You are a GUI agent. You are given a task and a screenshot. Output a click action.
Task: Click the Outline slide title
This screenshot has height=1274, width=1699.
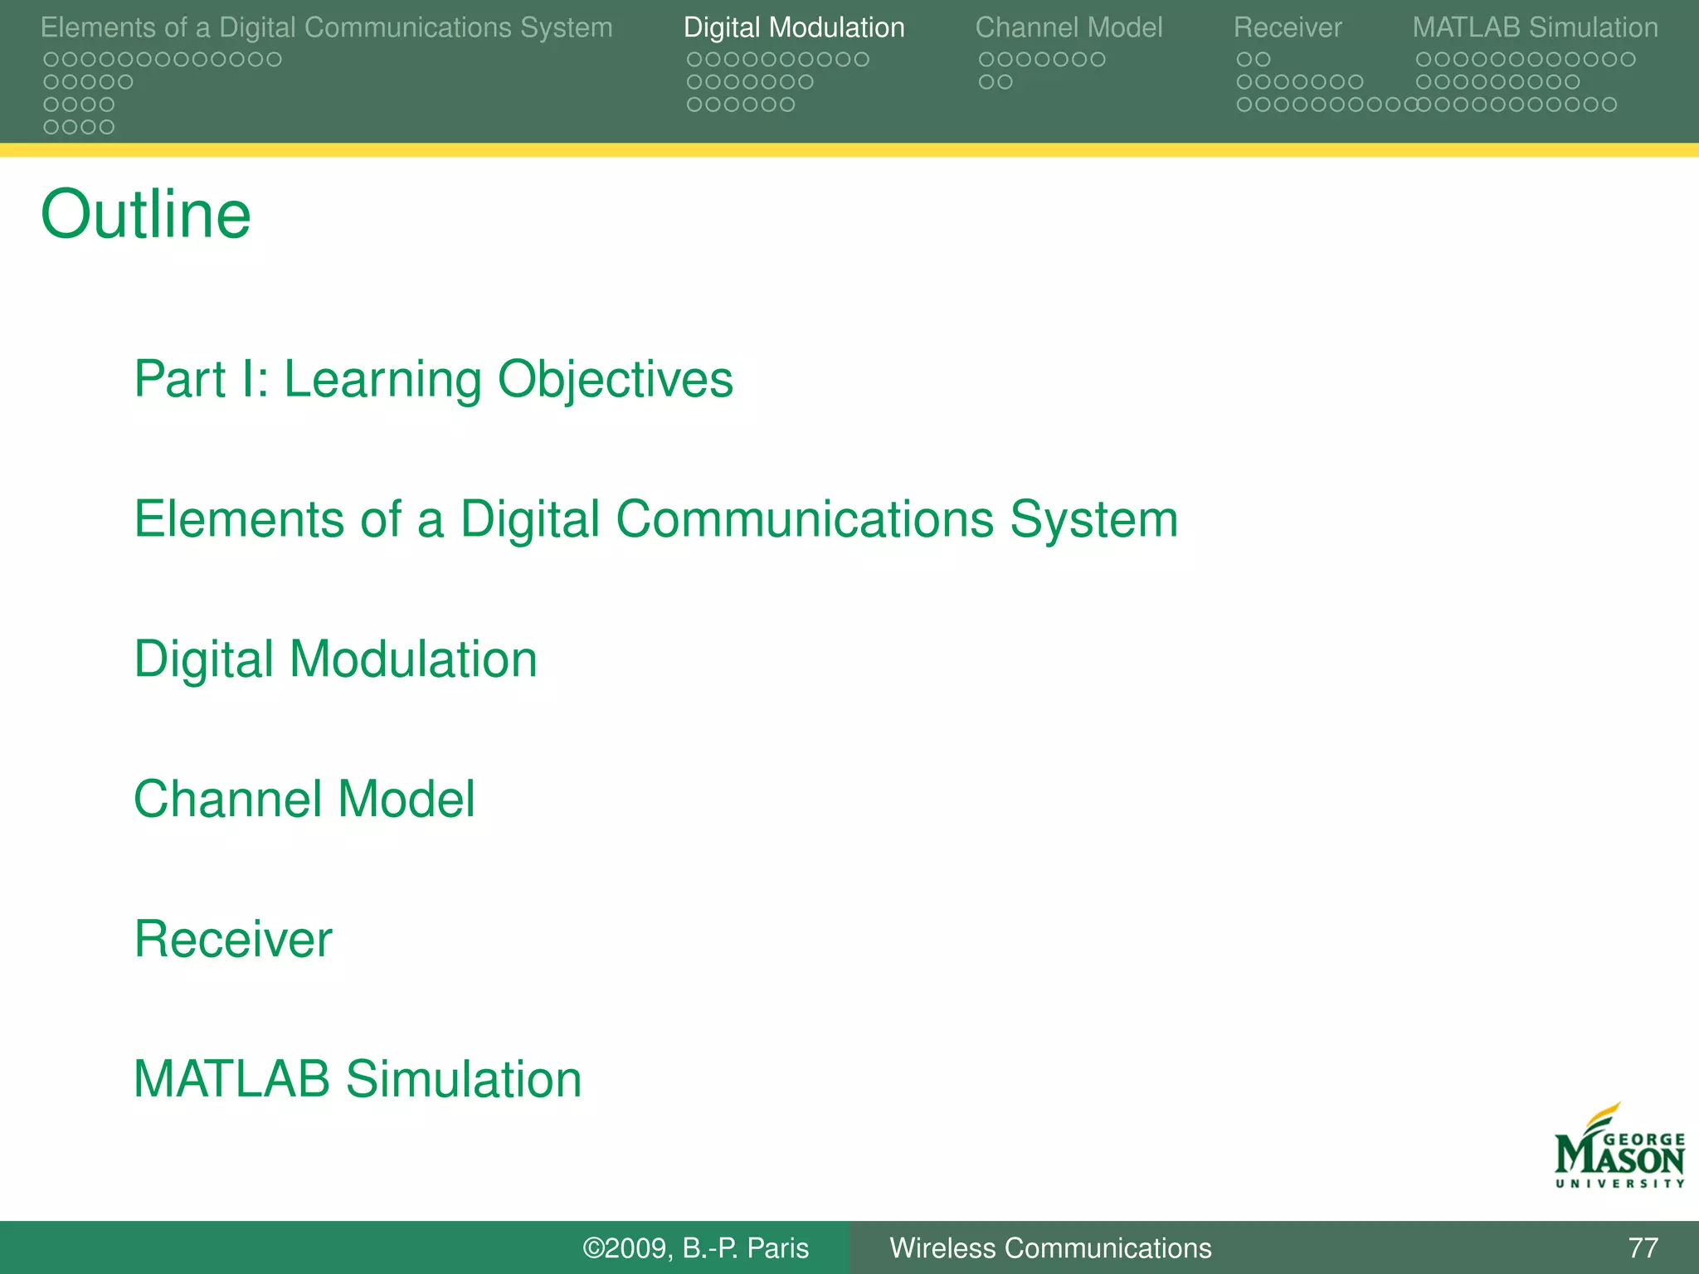click(x=145, y=215)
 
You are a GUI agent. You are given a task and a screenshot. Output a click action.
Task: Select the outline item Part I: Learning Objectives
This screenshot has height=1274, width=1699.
click(x=433, y=380)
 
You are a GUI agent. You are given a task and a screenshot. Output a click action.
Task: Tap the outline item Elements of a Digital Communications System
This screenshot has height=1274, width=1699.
click(x=655, y=520)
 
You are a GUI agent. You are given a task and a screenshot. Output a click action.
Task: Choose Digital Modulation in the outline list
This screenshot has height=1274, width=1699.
click(x=335, y=659)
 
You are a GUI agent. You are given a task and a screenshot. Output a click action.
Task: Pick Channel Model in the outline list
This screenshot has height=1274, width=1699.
click(x=304, y=800)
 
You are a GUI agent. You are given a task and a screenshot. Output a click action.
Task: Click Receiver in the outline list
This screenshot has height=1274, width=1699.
click(x=233, y=939)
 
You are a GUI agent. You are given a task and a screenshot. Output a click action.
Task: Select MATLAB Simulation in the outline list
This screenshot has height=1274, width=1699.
click(x=358, y=1079)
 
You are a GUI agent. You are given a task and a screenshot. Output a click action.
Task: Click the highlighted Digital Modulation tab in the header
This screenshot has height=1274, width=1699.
click(x=793, y=27)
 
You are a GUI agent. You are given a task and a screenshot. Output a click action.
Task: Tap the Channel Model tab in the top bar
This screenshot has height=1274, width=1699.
click(x=1069, y=27)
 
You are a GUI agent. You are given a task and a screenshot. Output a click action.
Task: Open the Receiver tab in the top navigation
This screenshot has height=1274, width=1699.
click(x=1287, y=27)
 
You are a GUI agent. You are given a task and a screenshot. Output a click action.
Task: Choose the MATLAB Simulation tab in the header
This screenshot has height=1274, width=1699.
click(x=1535, y=27)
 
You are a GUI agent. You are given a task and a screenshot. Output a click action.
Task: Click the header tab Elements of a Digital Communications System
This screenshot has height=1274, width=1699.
click(x=326, y=27)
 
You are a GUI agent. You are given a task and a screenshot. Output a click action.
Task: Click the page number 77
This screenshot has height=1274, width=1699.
click(x=1643, y=1248)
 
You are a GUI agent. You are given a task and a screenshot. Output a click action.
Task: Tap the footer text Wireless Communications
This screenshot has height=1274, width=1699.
click(x=1050, y=1248)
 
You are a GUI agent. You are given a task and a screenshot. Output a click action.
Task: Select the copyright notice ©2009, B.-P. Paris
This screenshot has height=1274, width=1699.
click(x=695, y=1248)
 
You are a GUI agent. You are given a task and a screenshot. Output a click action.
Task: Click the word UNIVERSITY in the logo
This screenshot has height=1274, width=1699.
click(x=1619, y=1184)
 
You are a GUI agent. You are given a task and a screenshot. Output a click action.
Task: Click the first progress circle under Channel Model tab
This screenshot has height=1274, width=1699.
click(x=986, y=60)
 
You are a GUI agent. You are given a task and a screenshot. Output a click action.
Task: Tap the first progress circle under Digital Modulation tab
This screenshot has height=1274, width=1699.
click(x=694, y=60)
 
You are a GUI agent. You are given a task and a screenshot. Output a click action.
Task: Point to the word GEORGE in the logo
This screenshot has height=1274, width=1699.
click(x=1643, y=1140)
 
